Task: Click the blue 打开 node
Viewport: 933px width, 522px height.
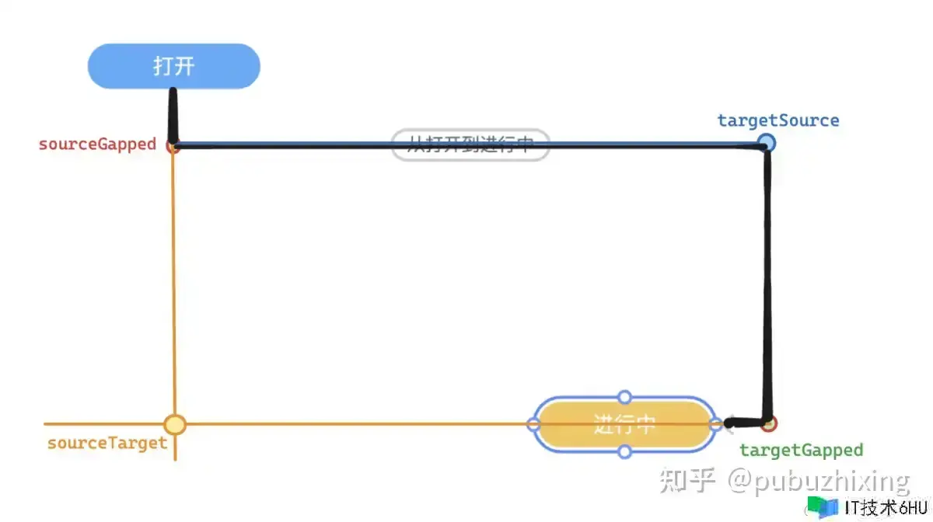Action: pyautogui.click(x=173, y=66)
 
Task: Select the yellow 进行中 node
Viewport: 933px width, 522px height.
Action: pyautogui.click(x=624, y=424)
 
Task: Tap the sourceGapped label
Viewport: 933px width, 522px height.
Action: pyautogui.click(x=97, y=144)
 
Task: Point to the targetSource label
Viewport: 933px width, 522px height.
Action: pyautogui.click(x=777, y=120)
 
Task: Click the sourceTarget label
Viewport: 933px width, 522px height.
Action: pyautogui.click(x=107, y=443)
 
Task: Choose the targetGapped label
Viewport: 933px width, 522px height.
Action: pyautogui.click(x=801, y=450)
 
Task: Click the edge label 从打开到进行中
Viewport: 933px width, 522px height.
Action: pyautogui.click(x=470, y=144)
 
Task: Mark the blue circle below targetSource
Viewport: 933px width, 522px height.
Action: pyautogui.click(x=767, y=142)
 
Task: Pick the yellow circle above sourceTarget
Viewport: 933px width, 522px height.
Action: pyautogui.click(x=175, y=424)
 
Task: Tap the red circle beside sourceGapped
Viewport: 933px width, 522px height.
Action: pyautogui.click(x=173, y=147)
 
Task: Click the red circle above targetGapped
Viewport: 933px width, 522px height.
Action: pyautogui.click(x=769, y=423)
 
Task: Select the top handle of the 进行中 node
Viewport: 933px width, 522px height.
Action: pyautogui.click(x=624, y=398)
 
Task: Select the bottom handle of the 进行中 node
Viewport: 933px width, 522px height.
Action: pyautogui.click(x=624, y=451)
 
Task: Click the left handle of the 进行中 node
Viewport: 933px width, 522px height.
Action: pyautogui.click(x=533, y=424)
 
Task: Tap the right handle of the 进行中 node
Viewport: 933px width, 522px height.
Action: pyautogui.click(x=716, y=424)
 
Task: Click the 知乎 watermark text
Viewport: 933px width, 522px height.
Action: pyautogui.click(x=687, y=481)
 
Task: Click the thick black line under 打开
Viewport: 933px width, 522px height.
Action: pyautogui.click(x=173, y=117)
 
